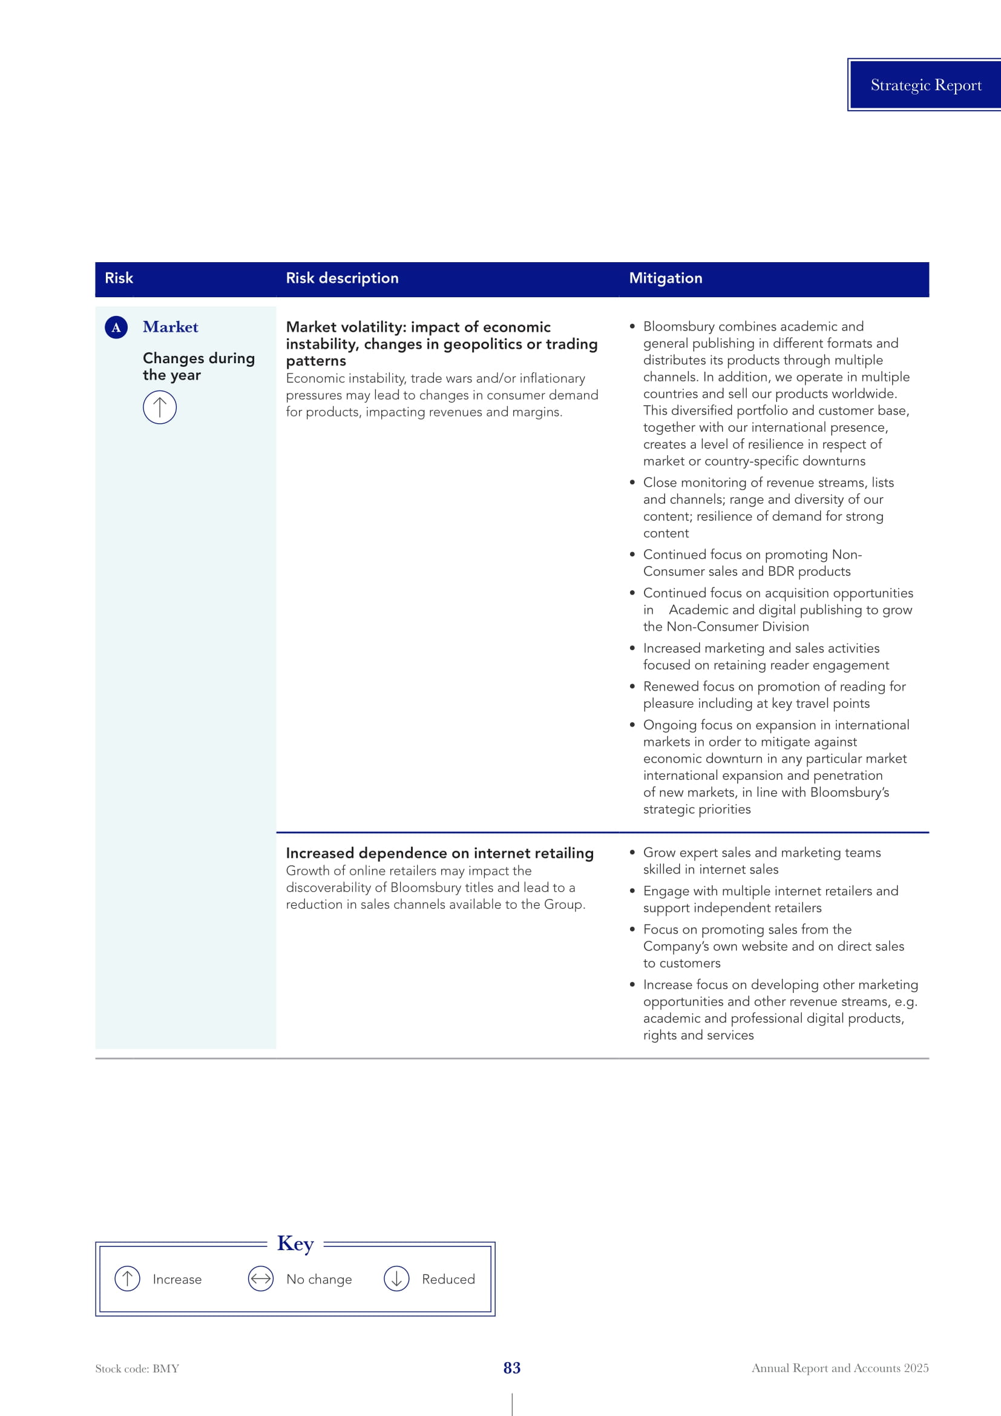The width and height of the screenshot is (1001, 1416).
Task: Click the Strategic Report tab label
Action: pyautogui.click(x=925, y=85)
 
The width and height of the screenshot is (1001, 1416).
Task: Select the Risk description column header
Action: pyautogui.click(x=342, y=278)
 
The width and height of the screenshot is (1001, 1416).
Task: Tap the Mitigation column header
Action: pyautogui.click(x=665, y=278)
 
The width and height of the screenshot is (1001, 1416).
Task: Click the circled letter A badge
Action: pyautogui.click(x=116, y=328)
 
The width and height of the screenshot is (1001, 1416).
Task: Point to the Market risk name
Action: pyautogui.click(x=170, y=327)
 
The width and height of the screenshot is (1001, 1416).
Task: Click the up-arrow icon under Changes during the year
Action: pyautogui.click(x=160, y=407)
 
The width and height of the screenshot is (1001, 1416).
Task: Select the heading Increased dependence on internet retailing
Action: pyautogui.click(x=439, y=853)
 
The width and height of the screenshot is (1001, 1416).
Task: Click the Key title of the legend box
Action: pyautogui.click(x=295, y=1243)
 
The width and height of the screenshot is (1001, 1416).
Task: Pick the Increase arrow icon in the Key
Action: pyautogui.click(x=128, y=1279)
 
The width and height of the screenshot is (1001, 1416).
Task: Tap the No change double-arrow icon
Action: pyautogui.click(x=261, y=1279)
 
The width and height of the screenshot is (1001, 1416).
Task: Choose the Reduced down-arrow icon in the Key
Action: pyautogui.click(x=396, y=1279)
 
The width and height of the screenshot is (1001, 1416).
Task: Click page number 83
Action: pyautogui.click(x=511, y=1368)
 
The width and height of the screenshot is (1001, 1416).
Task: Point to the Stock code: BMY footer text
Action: pyautogui.click(x=137, y=1369)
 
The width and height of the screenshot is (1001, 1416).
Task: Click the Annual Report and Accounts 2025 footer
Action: pyautogui.click(x=839, y=1368)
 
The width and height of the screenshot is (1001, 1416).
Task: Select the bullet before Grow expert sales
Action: pyautogui.click(x=632, y=852)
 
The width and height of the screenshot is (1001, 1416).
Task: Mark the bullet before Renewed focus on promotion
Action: pyautogui.click(x=632, y=687)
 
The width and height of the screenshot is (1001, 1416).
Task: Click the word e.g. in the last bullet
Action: pyautogui.click(x=906, y=1001)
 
